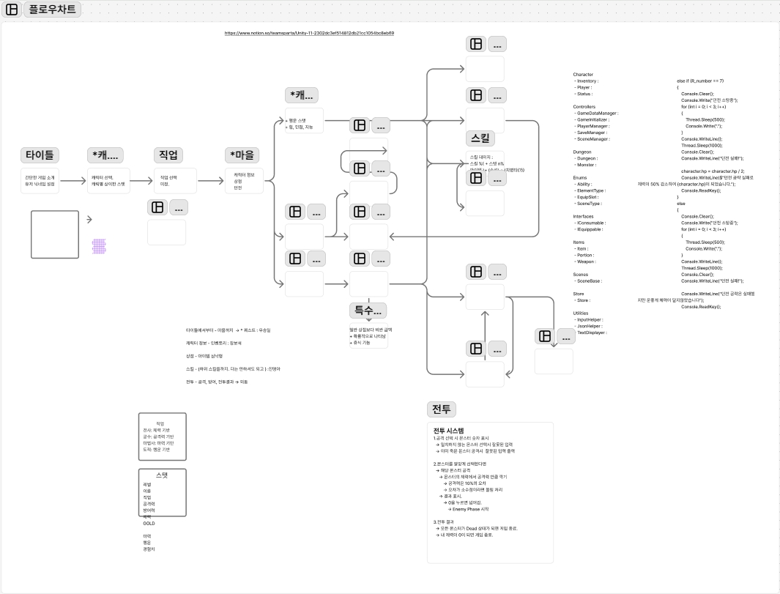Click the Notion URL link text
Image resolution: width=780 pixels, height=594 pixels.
(309, 33)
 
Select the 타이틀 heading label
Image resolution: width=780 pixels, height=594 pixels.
(40, 155)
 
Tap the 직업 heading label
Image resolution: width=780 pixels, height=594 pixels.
(168, 155)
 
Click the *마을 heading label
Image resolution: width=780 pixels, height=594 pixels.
(242, 155)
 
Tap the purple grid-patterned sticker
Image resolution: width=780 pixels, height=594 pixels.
(99, 246)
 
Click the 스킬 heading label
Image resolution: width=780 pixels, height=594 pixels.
(481, 138)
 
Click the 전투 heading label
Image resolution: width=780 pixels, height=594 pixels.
(441, 409)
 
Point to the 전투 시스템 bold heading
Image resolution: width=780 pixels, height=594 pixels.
(448, 430)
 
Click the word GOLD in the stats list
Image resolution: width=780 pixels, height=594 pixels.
(149, 524)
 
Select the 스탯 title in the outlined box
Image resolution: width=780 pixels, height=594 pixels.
(162, 475)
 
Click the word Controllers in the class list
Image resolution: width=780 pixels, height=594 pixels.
(584, 107)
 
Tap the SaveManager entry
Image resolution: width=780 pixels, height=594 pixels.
(592, 133)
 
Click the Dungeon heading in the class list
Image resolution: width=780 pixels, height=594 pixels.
(582, 152)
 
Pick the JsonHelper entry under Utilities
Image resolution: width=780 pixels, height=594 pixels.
(590, 326)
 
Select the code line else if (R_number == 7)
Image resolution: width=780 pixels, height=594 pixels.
(700, 81)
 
